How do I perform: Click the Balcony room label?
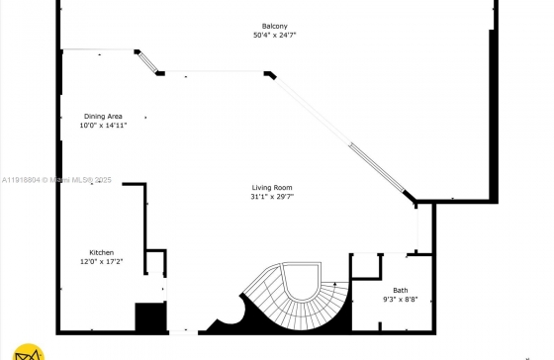[275, 26]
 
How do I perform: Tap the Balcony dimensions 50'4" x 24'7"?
[275, 35]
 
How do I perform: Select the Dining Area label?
[103, 117]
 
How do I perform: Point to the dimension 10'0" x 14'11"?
[103, 125]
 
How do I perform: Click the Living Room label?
[272, 188]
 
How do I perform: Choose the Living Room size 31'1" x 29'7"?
[272, 197]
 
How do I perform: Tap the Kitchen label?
[101, 252]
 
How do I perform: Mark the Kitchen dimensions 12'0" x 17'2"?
[101, 262]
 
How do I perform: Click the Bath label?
[401, 291]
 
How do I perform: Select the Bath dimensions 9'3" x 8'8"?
[401, 300]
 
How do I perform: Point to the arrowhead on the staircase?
[335, 284]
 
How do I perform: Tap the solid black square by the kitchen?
[150, 316]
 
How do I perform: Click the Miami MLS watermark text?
[56, 180]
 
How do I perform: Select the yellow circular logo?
[29, 352]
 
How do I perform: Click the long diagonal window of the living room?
[339, 135]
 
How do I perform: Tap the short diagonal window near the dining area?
[147, 63]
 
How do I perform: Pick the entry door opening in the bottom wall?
[183, 332]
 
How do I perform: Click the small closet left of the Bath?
[366, 266]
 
